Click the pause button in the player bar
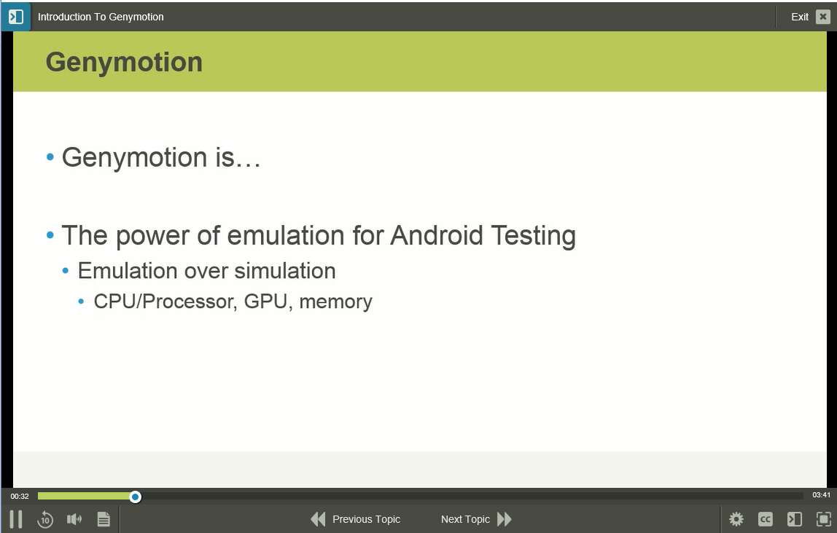[x=15, y=519]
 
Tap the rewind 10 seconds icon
[x=45, y=519]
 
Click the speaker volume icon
[x=74, y=519]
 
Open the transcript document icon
[x=104, y=519]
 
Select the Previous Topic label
[x=366, y=519]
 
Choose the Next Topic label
[x=465, y=519]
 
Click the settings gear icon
[x=736, y=519]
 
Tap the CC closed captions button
[x=766, y=519]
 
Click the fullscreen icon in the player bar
[x=824, y=519]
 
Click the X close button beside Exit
[x=822, y=17]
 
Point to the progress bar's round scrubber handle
[x=136, y=497]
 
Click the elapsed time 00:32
[x=20, y=497]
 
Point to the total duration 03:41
[x=822, y=496]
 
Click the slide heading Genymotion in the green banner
[x=124, y=62]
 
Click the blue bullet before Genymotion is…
[x=50, y=157]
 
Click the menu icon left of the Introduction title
[x=15, y=17]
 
